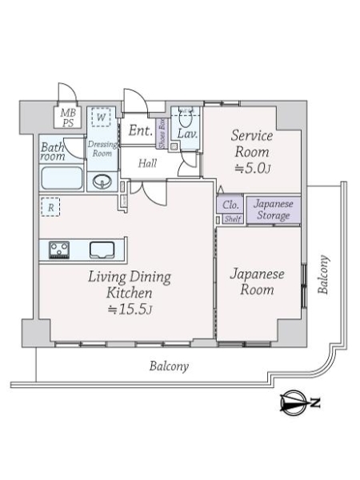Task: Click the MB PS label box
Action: pyautogui.click(x=68, y=118)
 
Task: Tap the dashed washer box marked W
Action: pyautogui.click(x=101, y=118)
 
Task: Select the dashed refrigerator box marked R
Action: pyautogui.click(x=50, y=207)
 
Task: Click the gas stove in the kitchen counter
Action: pyautogui.click(x=59, y=250)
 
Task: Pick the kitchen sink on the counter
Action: pyautogui.click(x=102, y=250)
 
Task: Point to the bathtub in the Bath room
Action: pyautogui.click(x=62, y=178)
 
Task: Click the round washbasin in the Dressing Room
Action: pyautogui.click(x=102, y=182)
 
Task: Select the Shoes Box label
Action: pyautogui.click(x=162, y=134)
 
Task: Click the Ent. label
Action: pyautogui.click(x=141, y=130)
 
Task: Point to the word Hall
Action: pyautogui.click(x=147, y=163)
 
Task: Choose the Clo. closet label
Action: pyautogui.click(x=230, y=205)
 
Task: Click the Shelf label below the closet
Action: pyautogui.click(x=232, y=219)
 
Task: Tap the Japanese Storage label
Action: pyautogui.click(x=274, y=210)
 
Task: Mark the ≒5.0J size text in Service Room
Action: pyautogui.click(x=253, y=169)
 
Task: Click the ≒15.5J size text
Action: pyautogui.click(x=130, y=310)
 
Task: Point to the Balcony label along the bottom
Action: pyautogui.click(x=169, y=366)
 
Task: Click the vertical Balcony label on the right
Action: pyautogui.click(x=323, y=274)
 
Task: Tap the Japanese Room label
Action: pyautogui.click(x=257, y=282)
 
